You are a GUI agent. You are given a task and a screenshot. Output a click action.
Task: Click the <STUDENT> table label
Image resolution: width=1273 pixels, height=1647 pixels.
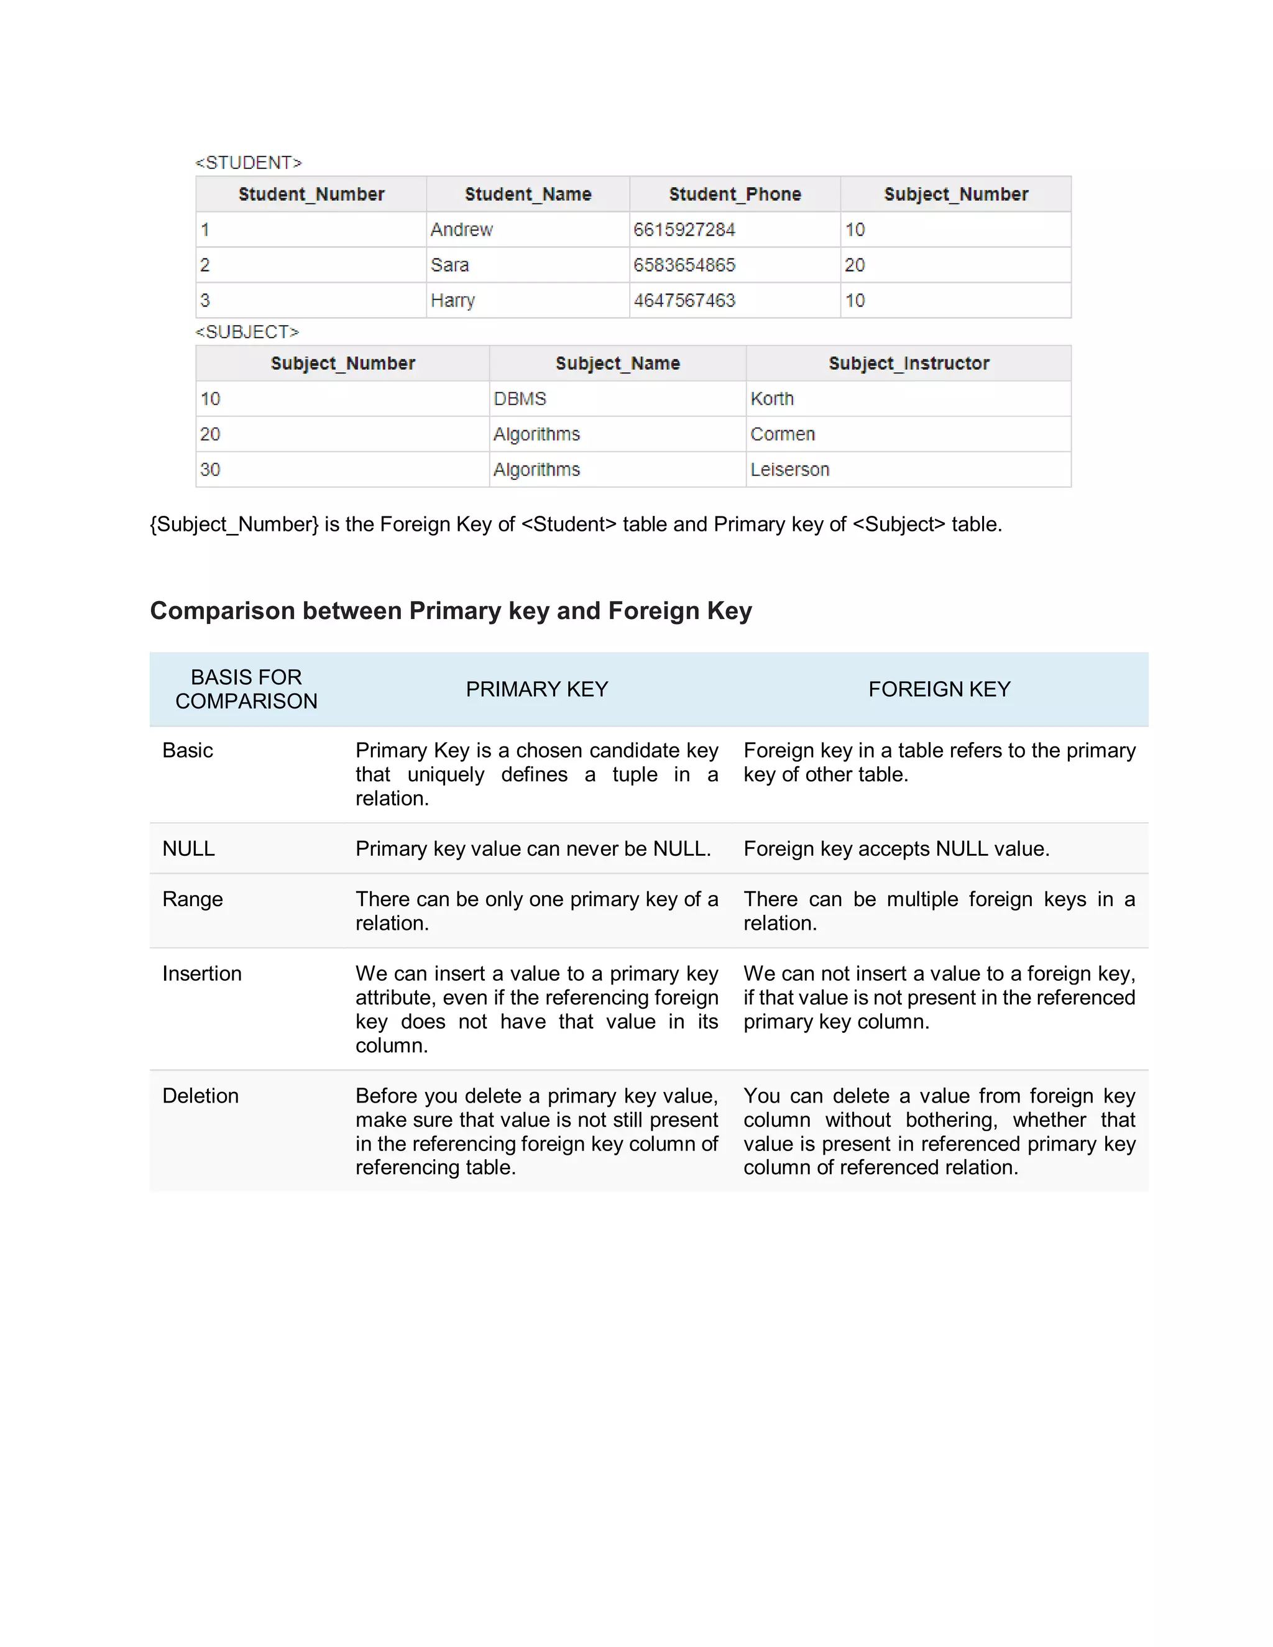click(248, 163)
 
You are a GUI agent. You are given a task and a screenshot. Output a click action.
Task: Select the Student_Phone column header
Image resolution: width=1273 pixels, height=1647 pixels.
click(735, 195)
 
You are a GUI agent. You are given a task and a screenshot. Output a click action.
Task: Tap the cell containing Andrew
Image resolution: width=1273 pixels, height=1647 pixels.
click(462, 230)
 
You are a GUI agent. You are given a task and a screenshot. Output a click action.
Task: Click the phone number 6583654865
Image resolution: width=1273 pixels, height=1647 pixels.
click(684, 265)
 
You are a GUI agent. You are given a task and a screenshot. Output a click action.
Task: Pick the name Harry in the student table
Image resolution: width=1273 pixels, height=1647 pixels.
click(453, 301)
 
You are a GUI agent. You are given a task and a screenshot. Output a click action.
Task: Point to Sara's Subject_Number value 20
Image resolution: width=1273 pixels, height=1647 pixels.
click(855, 265)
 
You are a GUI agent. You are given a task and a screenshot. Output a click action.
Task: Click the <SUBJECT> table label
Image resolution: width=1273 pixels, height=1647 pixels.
click(247, 332)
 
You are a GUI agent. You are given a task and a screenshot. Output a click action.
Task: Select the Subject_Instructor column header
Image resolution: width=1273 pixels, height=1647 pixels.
click(909, 364)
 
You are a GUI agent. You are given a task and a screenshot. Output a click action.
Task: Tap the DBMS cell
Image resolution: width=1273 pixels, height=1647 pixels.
click(520, 399)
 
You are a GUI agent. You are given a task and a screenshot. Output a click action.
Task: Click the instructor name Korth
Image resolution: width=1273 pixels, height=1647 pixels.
click(771, 399)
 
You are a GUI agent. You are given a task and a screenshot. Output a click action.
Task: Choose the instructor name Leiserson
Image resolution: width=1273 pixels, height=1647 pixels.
click(789, 470)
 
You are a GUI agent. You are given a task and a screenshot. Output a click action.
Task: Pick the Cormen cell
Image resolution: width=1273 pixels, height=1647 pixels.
click(782, 434)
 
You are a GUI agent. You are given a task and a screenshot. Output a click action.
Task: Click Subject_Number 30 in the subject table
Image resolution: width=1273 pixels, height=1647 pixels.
click(211, 470)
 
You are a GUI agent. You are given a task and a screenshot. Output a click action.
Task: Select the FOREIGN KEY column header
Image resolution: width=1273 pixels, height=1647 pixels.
click(939, 689)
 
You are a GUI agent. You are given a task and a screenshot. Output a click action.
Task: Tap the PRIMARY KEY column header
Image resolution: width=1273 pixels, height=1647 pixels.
click(536, 689)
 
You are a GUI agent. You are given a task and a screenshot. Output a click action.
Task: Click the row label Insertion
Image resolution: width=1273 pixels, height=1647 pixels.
click(202, 973)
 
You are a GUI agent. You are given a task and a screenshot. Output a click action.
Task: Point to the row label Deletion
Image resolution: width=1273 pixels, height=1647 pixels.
click(201, 1096)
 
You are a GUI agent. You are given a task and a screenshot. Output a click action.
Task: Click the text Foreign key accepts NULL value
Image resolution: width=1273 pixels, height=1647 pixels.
click(896, 849)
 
